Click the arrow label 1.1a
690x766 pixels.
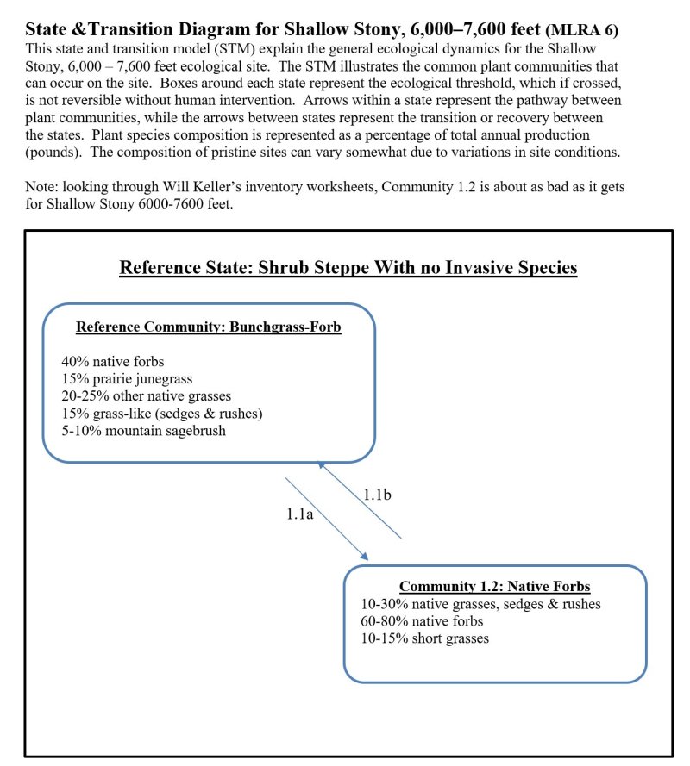pos(301,514)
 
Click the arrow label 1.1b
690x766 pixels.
pos(378,495)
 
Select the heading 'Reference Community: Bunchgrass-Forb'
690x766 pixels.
pos(209,327)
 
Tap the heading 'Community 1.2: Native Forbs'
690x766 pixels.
pos(494,587)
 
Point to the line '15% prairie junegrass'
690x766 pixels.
pos(127,379)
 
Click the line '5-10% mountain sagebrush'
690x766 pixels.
pos(143,431)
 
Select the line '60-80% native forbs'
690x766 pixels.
pos(422,621)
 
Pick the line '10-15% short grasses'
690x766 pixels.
pos(424,638)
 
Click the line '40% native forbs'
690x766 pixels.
pos(112,362)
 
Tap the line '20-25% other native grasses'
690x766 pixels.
pos(146,396)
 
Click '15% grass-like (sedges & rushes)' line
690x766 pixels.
pos(161,414)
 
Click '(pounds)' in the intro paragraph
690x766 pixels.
pos(55,152)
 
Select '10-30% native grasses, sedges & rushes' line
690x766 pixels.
pos(480,604)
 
